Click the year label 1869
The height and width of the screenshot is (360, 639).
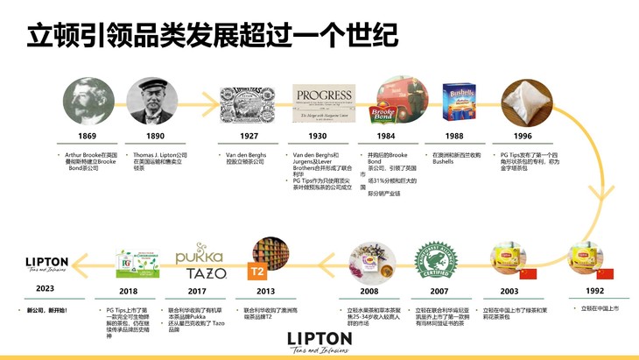(x=86, y=136)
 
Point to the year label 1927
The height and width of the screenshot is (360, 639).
(x=248, y=136)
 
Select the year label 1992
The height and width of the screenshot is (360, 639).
(x=594, y=292)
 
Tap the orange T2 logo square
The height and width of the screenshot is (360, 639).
(x=259, y=271)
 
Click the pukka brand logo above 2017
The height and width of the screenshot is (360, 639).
(x=200, y=255)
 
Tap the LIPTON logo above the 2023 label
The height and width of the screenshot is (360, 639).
(x=46, y=265)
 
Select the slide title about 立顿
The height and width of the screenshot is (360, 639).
(x=212, y=35)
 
